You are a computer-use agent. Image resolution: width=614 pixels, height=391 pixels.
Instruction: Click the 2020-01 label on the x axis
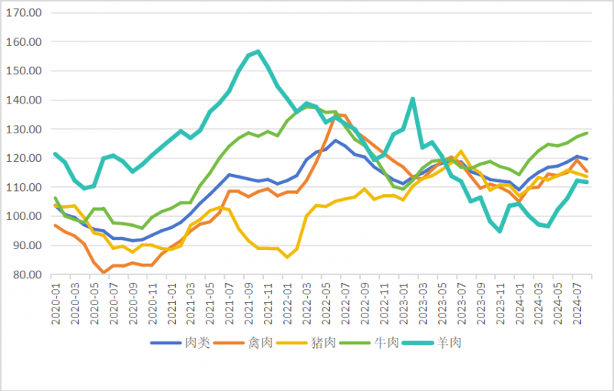pyautogui.click(x=55, y=305)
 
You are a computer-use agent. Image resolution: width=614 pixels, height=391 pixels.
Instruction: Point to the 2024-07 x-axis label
pyautogui.click(x=576, y=305)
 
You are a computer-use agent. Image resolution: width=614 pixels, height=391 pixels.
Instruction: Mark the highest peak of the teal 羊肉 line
pyautogui.click(x=258, y=52)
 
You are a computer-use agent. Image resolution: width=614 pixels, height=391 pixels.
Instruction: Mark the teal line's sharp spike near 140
pyautogui.click(x=413, y=99)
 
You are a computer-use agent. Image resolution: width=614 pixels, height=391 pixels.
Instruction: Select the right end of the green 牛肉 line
pyautogui.click(x=587, y=133)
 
